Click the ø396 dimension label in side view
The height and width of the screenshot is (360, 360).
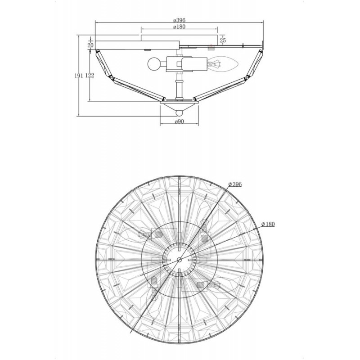pos(179,20)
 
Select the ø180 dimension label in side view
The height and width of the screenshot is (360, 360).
pos(179,27)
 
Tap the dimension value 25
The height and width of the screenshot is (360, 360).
pos(223,40)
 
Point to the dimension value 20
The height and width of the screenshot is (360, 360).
pos(90,45)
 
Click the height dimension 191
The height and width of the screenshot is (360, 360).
pos(78,76)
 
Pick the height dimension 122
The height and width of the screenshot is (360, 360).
pos(90,76)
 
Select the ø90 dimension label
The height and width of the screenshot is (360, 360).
pos(179,121)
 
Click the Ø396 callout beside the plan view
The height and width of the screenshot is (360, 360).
pos(235,184)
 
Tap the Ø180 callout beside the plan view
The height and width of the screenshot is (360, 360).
pos(268,224)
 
